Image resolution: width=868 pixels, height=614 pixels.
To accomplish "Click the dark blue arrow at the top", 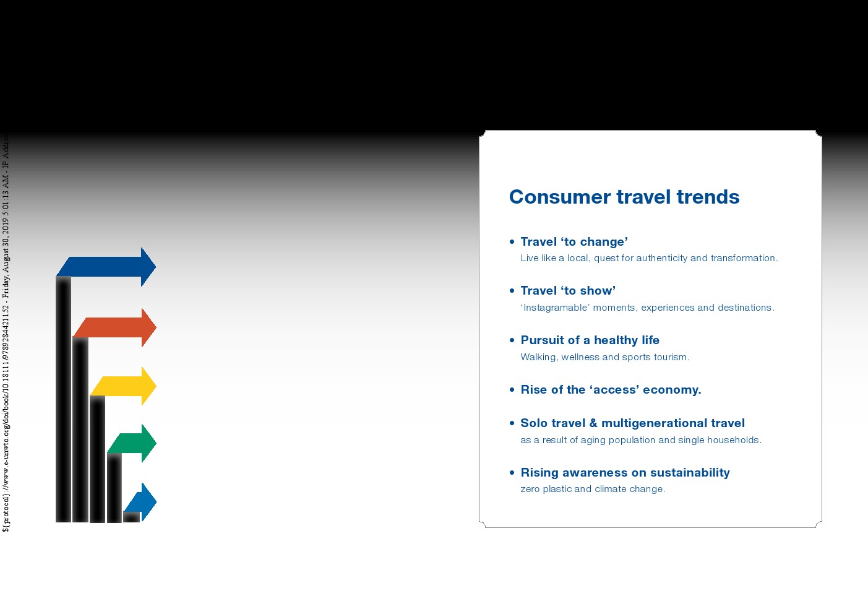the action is [106, 267].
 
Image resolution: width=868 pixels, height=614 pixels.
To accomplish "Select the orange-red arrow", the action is [115, 327].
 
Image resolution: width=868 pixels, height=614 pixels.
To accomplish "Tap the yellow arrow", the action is [124, 386].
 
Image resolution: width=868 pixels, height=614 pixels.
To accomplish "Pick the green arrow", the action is [132, 443].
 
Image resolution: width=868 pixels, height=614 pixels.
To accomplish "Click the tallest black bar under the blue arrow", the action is [64, 399].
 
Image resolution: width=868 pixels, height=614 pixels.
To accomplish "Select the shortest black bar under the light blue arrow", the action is [132, 517].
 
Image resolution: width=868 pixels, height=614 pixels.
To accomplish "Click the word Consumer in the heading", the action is [559, 197].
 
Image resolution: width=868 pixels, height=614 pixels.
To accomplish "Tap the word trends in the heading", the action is [708, 197].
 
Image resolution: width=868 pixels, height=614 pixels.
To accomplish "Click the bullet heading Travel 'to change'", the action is [574, 242].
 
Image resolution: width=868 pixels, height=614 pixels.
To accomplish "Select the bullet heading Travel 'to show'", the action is [568, 291].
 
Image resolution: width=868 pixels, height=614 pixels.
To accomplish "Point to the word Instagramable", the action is [555, 308].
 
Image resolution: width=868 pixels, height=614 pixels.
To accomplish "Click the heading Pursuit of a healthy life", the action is [590, 340].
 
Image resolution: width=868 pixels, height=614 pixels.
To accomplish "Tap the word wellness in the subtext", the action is [580, 357].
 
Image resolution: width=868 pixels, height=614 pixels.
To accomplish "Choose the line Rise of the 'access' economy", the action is [611, 389].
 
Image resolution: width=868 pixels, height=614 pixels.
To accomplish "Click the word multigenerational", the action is [654, 423].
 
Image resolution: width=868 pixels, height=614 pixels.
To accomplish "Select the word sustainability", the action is [690, 473].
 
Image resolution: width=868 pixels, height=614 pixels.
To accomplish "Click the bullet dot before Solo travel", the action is [512, 423].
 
